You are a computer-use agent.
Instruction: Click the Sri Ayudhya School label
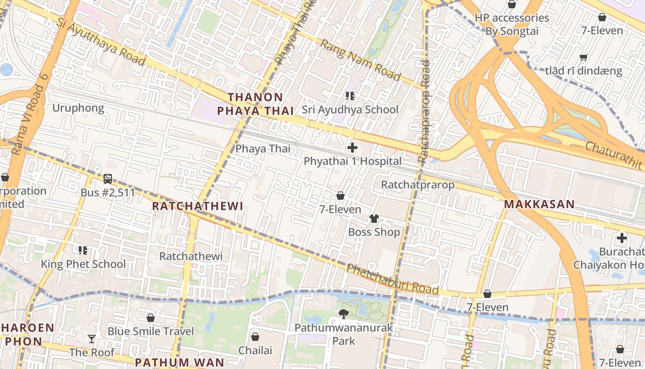click(350, 110)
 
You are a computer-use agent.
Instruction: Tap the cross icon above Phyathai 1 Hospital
click(352, 148)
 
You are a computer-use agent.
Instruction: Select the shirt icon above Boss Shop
click(374, 218)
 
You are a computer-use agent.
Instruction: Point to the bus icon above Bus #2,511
click(108, 179)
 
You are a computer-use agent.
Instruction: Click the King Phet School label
click(83, 264)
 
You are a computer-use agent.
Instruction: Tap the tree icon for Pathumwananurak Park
click(343, 314)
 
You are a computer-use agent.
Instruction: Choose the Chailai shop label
click(255, 350)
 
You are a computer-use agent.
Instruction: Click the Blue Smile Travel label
click(151, 331)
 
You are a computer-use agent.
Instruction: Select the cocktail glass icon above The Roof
click(92, 339)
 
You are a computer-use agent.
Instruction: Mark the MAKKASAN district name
click(539, 204)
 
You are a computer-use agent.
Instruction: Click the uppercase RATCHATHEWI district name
click(197, 206)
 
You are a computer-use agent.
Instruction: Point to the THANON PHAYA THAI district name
click(255, 104)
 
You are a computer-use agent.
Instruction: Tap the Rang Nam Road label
click(360, 60)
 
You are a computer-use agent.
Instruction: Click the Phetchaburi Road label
click(392, 279)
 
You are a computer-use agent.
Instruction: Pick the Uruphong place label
click(78, 108)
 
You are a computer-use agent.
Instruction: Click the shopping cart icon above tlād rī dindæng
click(584, 58)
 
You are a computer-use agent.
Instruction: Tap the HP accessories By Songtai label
click(512, 24)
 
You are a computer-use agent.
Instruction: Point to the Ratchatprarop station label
click(417, 185)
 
